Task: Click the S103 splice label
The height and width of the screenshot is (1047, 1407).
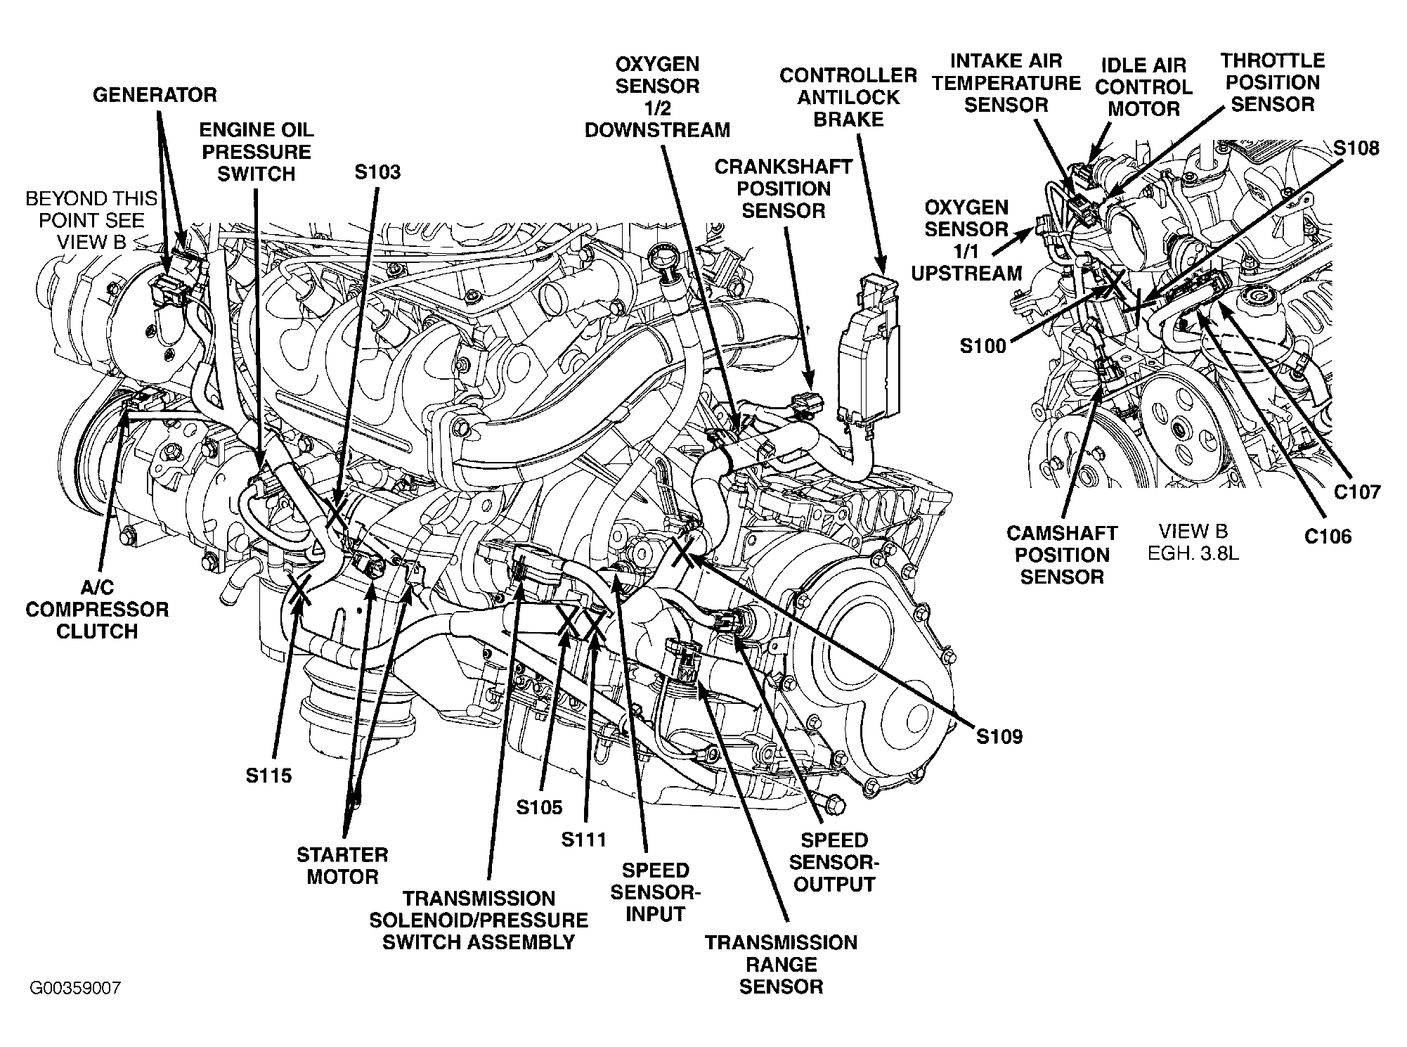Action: click(x=377, y=172)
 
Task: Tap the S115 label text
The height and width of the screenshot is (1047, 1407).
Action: click(x=268, y=776)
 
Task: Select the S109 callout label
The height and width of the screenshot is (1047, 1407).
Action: click(x=999, y=737)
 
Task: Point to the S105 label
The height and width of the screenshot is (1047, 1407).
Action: click(x=539, y=807)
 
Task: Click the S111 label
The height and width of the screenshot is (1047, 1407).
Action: click(x=583, y=839)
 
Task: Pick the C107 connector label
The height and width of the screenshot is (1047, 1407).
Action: click(x=1358, y=492)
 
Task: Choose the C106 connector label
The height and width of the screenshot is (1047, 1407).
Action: click(x=1328, y=537)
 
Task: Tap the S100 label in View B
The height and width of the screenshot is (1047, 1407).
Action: click(x=983, y=346)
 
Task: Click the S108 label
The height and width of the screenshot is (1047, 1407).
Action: click(x=1356, y=148)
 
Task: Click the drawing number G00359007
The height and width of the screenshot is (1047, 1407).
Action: click(x=75, y=988)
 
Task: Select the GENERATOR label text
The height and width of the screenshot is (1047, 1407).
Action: click(x=155, y=95)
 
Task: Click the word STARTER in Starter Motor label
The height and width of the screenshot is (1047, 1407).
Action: click(x=342, y=855)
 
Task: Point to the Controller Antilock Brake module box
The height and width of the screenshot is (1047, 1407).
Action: click(x=869, y=352)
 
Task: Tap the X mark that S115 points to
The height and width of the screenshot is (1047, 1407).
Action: click(x=299, y=589)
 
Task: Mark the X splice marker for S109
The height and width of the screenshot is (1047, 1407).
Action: click(x=682, y=553)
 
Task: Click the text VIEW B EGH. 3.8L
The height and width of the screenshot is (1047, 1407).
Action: click(x=1193, y=541)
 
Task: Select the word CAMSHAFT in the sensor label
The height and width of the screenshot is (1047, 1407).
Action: click(x=1062, y=533)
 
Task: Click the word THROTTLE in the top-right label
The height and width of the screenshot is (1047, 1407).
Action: click(x=1272, y=60)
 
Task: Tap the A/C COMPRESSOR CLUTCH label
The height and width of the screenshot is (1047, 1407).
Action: click(x=97, y=609)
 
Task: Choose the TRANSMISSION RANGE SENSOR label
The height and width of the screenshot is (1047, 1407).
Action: click(x=781, y=964)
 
